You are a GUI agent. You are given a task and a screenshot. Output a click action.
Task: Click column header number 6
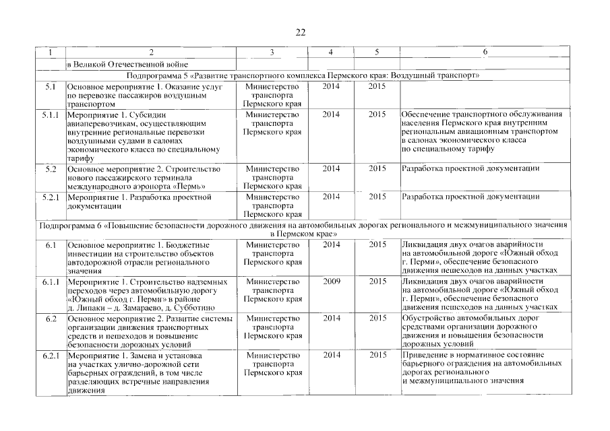(485, 53)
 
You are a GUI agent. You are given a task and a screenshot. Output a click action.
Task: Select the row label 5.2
(50, 168)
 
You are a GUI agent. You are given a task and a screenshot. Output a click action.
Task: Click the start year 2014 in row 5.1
(331, 87)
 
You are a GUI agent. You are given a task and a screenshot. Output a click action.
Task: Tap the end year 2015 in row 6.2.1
(377, 354)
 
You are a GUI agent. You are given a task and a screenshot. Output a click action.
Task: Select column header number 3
(272, 53)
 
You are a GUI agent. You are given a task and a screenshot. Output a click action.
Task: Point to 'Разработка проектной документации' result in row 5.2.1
(470, 197)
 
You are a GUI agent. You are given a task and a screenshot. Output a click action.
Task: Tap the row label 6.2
(50, 317)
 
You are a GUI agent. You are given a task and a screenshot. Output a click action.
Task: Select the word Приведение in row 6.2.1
(423, 354)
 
